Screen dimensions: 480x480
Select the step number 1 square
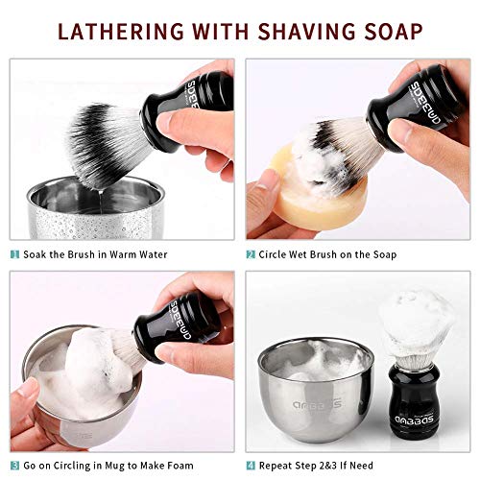14,254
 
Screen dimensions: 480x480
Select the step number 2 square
251,254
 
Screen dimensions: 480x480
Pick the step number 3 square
14,466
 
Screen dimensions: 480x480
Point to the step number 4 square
251,466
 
